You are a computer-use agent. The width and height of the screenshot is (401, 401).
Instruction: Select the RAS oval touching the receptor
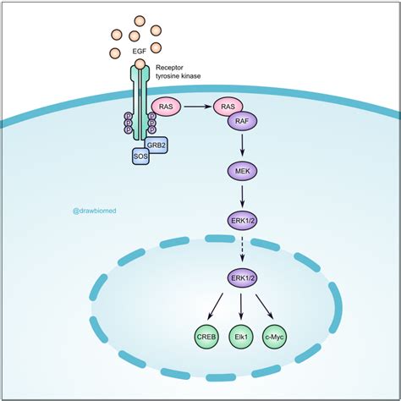tap(166, 107)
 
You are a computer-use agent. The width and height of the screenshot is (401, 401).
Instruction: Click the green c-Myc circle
tap(280, 337)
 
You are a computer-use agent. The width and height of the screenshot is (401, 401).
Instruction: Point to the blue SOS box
tap(141, 156)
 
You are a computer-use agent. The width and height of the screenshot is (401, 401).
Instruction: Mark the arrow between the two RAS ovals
tap(195, 107)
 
